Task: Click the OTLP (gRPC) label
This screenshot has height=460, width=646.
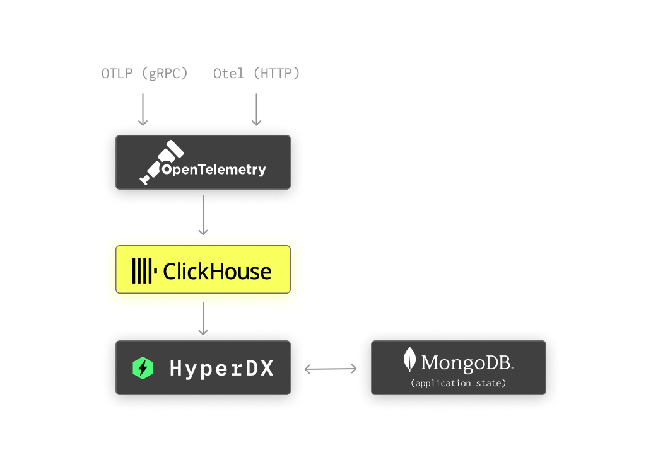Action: click(144, 74)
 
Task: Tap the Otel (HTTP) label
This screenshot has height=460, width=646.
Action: click(256, 74)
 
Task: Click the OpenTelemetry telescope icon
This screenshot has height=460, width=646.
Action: click(160, 161)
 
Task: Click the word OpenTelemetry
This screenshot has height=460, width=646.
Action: click(214, 170)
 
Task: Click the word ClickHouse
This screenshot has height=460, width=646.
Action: click(217, 272)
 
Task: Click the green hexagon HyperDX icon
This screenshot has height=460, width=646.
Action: click(143, 368)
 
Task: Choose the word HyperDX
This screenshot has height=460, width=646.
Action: click(222, 369)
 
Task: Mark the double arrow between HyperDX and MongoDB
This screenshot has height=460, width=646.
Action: click(331, 369)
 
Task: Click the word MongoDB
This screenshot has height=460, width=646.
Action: click(467, 363)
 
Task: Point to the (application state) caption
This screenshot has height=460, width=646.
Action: click(458, 383)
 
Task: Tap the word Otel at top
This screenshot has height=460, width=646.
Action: click(228, 74)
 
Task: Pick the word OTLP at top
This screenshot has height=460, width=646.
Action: click(117, 74)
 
